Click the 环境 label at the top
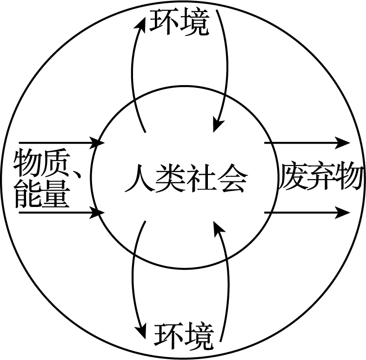pyautogui.click(x=179, y=22)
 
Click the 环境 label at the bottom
pyautogui.click(x=184, y=336)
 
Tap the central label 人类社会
pyautogui.click(x=185, y=178)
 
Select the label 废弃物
pyautogui.click(x=320, y=176)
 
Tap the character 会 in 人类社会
pyautogui.click(x=232, y=178)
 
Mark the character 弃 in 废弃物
pyautogui.click(x=320, y=176)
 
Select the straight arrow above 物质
pyautogui.click(x=60, y=141)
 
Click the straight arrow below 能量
pyautogui.click(x=60, y=213)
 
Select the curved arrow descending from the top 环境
pyautogui.click(x=227, y=70)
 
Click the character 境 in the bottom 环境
pyautogui.click(x=199, y=336)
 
